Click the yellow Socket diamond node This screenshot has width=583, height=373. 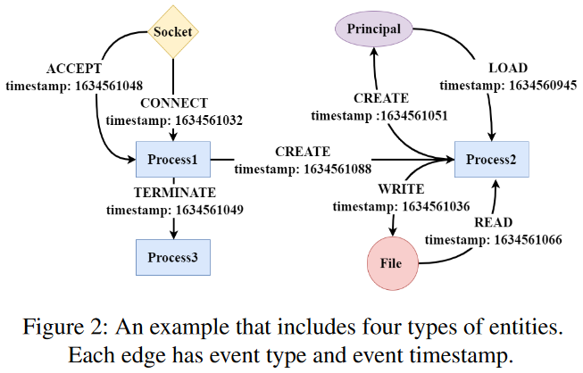pos(172,32)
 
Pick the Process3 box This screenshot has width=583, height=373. pos(173,259)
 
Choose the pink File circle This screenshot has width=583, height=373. pos(393,264)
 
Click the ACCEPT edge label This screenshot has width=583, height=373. pos(72,70)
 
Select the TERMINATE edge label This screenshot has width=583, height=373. pos(174,193)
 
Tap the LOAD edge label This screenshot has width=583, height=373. pos(507,69)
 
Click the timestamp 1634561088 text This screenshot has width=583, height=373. pos(303,167)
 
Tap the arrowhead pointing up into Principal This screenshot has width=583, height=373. pos(374,51)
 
